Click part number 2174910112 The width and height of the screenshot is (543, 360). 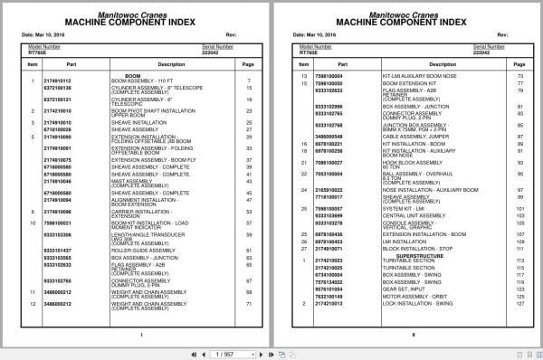tap(56, 81)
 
